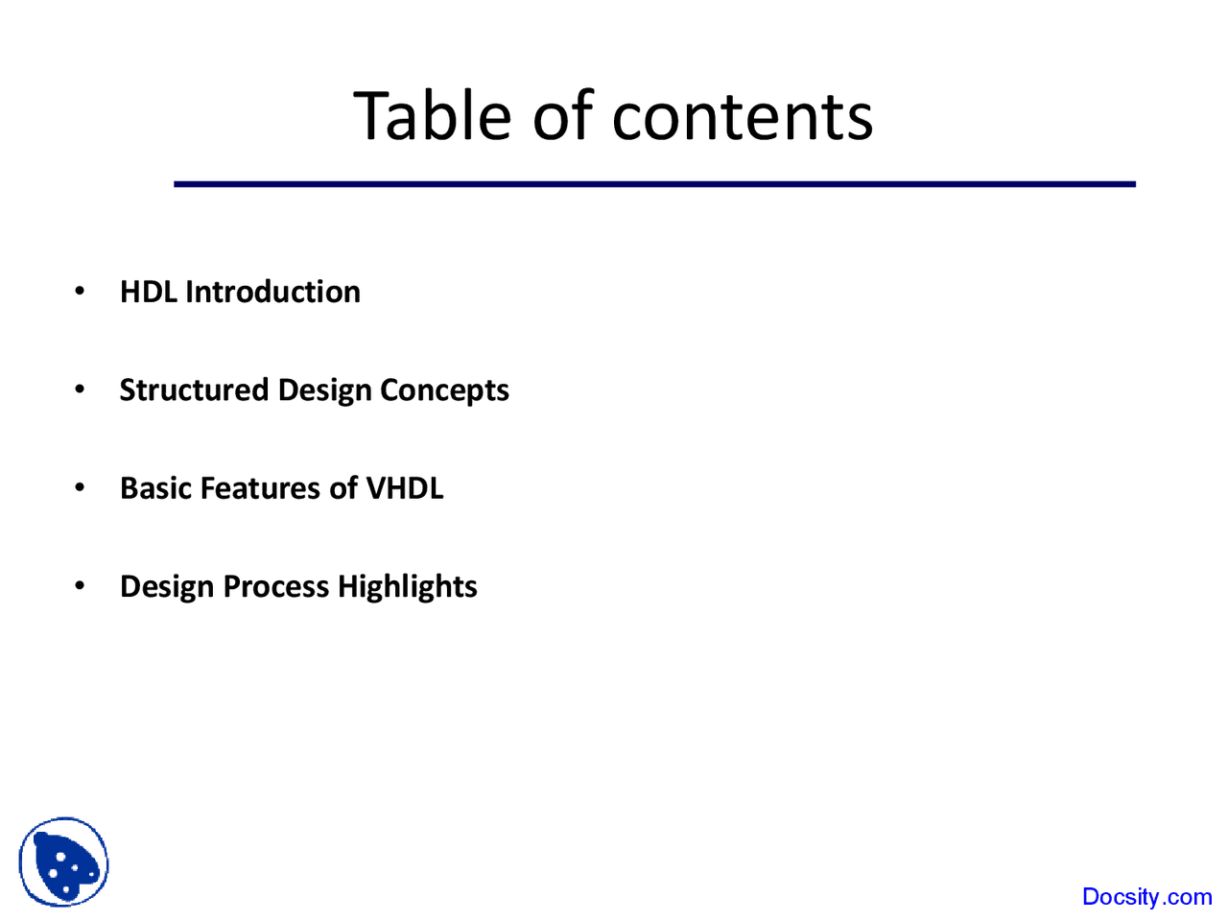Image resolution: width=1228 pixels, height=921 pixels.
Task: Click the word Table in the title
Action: tap(432, 116)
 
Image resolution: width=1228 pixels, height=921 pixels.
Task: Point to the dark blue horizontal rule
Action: tap(654, 184)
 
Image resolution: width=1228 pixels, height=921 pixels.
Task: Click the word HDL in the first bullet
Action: tap(149, 292)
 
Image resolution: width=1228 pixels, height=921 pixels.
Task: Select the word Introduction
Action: tap(273, 292)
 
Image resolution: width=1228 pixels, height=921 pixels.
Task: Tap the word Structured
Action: tap(194, 390)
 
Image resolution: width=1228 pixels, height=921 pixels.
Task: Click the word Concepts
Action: tap(445, 390)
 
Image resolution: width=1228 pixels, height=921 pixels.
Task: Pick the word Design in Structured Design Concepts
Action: tap(325, 390)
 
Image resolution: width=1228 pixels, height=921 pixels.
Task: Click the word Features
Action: tap(260, 488)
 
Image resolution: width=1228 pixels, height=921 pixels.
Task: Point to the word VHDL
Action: tap(405, 488)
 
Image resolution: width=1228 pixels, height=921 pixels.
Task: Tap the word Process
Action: tap(276, 586)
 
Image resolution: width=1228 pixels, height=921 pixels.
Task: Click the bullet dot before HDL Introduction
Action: tap(80, 291)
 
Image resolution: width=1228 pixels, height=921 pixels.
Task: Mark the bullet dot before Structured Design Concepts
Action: tap(80, 390)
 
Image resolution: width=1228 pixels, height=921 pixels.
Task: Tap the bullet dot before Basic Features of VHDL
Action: tap(80, 487)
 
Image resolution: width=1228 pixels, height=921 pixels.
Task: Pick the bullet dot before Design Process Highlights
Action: tap(80, 585)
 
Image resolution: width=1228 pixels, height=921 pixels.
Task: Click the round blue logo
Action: tap(63, 862)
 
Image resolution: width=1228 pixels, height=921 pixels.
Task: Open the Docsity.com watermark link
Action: tap(1146, 897)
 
